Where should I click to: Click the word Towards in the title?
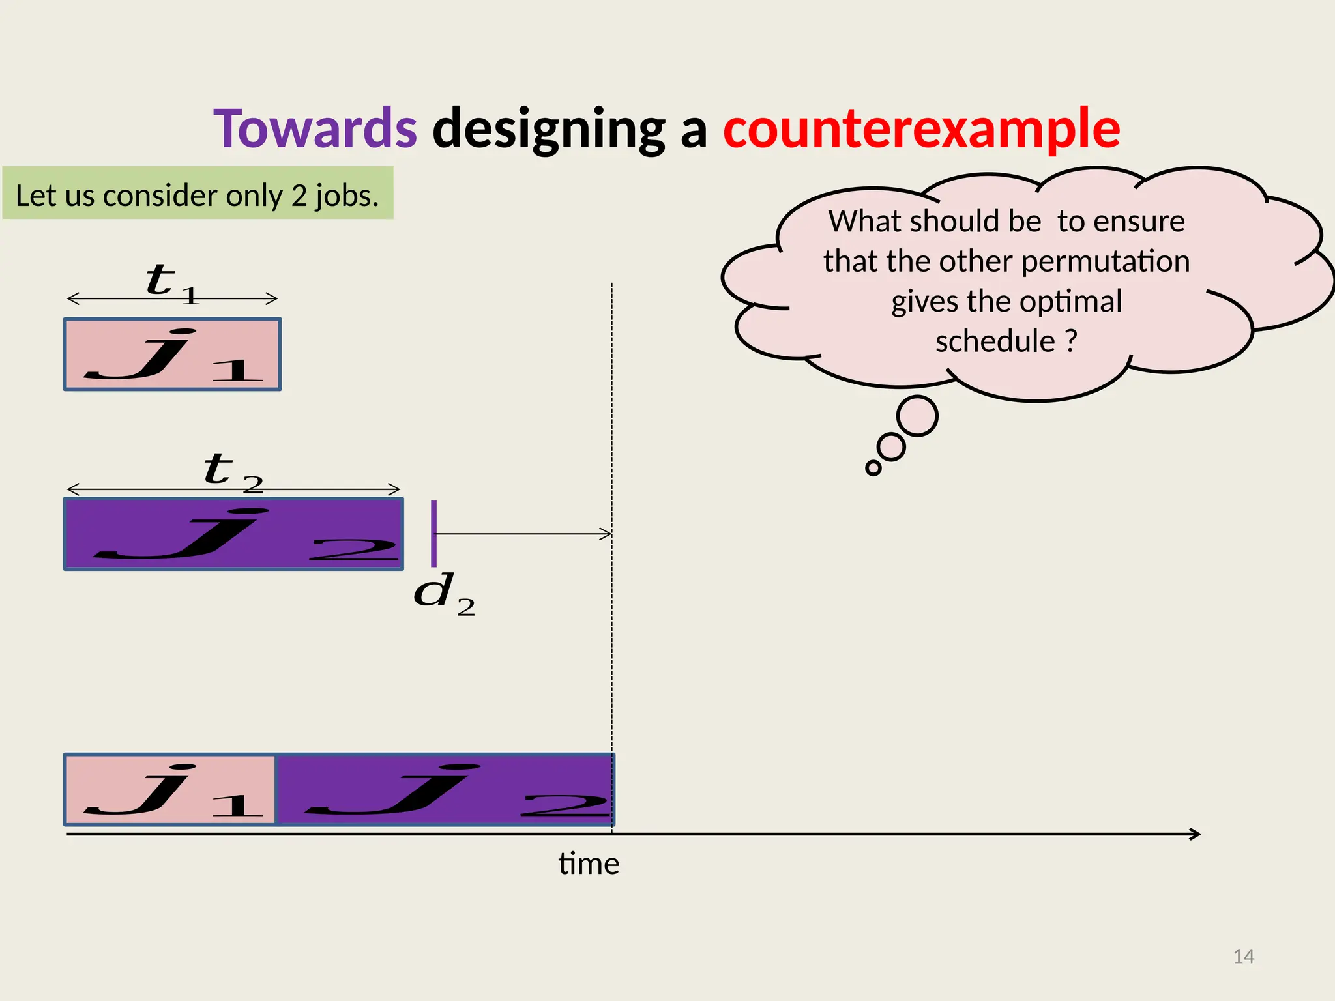[315, 129]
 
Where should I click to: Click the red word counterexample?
[921, 129]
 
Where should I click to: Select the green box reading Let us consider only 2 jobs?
[198, 194]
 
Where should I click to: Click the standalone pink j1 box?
[172, 355]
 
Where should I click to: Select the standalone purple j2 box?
[233, 534]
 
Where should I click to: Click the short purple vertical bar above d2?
[434, 534]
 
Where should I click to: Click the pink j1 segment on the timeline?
[170, 790]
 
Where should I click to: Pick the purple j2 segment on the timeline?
[445, 790]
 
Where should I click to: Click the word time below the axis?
[589, 864]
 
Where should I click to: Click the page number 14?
[1244, 957]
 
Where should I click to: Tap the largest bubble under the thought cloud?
[917, 416]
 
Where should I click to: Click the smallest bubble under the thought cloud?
[873, 468]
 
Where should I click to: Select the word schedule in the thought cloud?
[995, 341]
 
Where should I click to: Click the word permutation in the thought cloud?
[1106, 261]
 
